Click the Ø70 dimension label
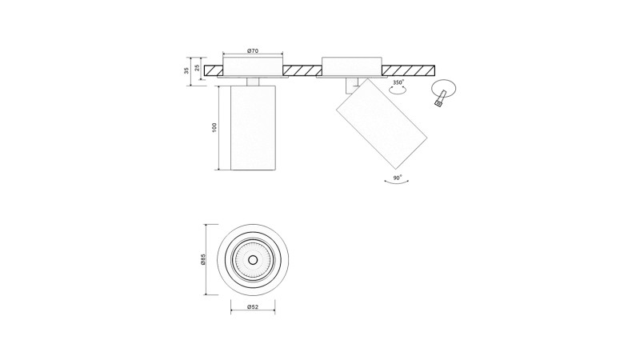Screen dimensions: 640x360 [253, 51]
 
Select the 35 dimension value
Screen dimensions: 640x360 [186, 70]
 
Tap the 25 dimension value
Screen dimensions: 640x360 [197, 68]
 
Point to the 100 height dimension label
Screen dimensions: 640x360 [214, 127]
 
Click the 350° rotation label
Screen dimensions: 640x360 [398, 82]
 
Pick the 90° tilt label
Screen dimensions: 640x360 [397, 178]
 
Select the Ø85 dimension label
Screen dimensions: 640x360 [203, 259]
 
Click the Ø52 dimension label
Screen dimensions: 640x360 [253, 307]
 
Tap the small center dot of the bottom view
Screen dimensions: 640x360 [253, 259]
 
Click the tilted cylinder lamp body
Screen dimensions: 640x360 [382, 124]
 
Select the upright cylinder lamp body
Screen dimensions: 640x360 [253, 128]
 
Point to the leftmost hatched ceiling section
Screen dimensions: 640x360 [214, 70]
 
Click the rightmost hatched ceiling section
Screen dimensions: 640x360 [408, 70]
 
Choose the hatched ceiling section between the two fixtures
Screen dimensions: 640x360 [302, 70]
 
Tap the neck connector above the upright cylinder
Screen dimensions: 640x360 [253, 82]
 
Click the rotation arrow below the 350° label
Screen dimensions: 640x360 [398, 91]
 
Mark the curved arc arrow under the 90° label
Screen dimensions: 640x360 [396, 182]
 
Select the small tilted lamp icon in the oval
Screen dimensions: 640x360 [439, 98]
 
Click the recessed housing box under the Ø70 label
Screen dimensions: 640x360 [253, 67]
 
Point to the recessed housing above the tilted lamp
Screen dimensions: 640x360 [352, 67]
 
